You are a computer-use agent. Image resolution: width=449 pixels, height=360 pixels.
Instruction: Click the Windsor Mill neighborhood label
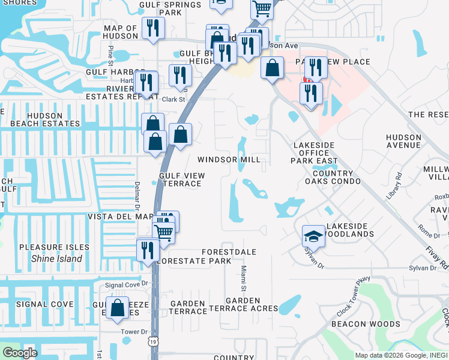(229, 160)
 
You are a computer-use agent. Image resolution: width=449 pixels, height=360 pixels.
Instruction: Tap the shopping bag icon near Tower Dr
(118, 307)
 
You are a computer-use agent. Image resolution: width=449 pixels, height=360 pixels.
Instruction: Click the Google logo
(20, 353)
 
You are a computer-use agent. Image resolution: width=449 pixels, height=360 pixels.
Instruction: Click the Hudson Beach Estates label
(40, 119)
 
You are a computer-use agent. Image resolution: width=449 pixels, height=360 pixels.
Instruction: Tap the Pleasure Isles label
(54, 247)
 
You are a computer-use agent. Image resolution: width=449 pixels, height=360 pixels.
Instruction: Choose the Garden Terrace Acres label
(243, 304)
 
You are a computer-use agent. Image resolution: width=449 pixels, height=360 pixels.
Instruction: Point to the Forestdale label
(229, 252)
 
